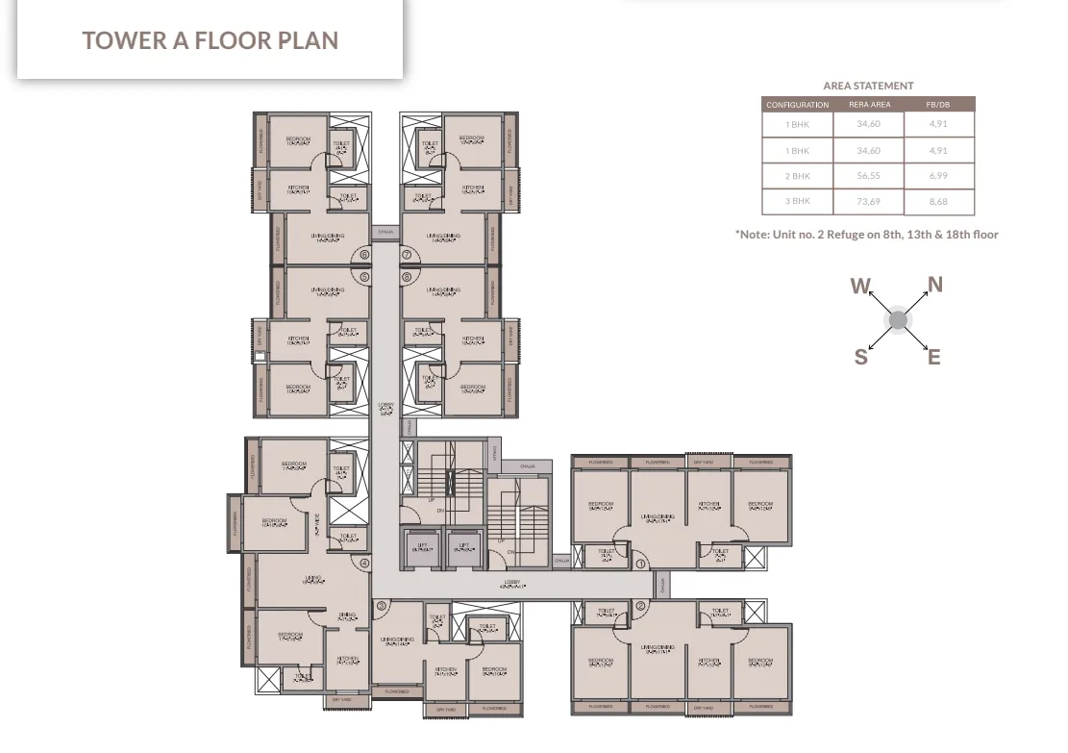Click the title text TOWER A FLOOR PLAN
point(210,40)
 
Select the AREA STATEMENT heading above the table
point(868,86)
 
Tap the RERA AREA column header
point(869,105)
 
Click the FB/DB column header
point(937,105)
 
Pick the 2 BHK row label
point(797,176)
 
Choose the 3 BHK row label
point(797,201)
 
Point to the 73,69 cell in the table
point(868,202)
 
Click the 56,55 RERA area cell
point(868,176)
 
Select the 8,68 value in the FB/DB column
point(938,202)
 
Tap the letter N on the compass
point(934,285)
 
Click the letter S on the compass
point(860,357)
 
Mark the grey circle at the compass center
point(897,320)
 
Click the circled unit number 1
point(641,564)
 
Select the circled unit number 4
point(364,564)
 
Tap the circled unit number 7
point(407,255)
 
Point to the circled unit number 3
point(382,606)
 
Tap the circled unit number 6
point(364,255)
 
